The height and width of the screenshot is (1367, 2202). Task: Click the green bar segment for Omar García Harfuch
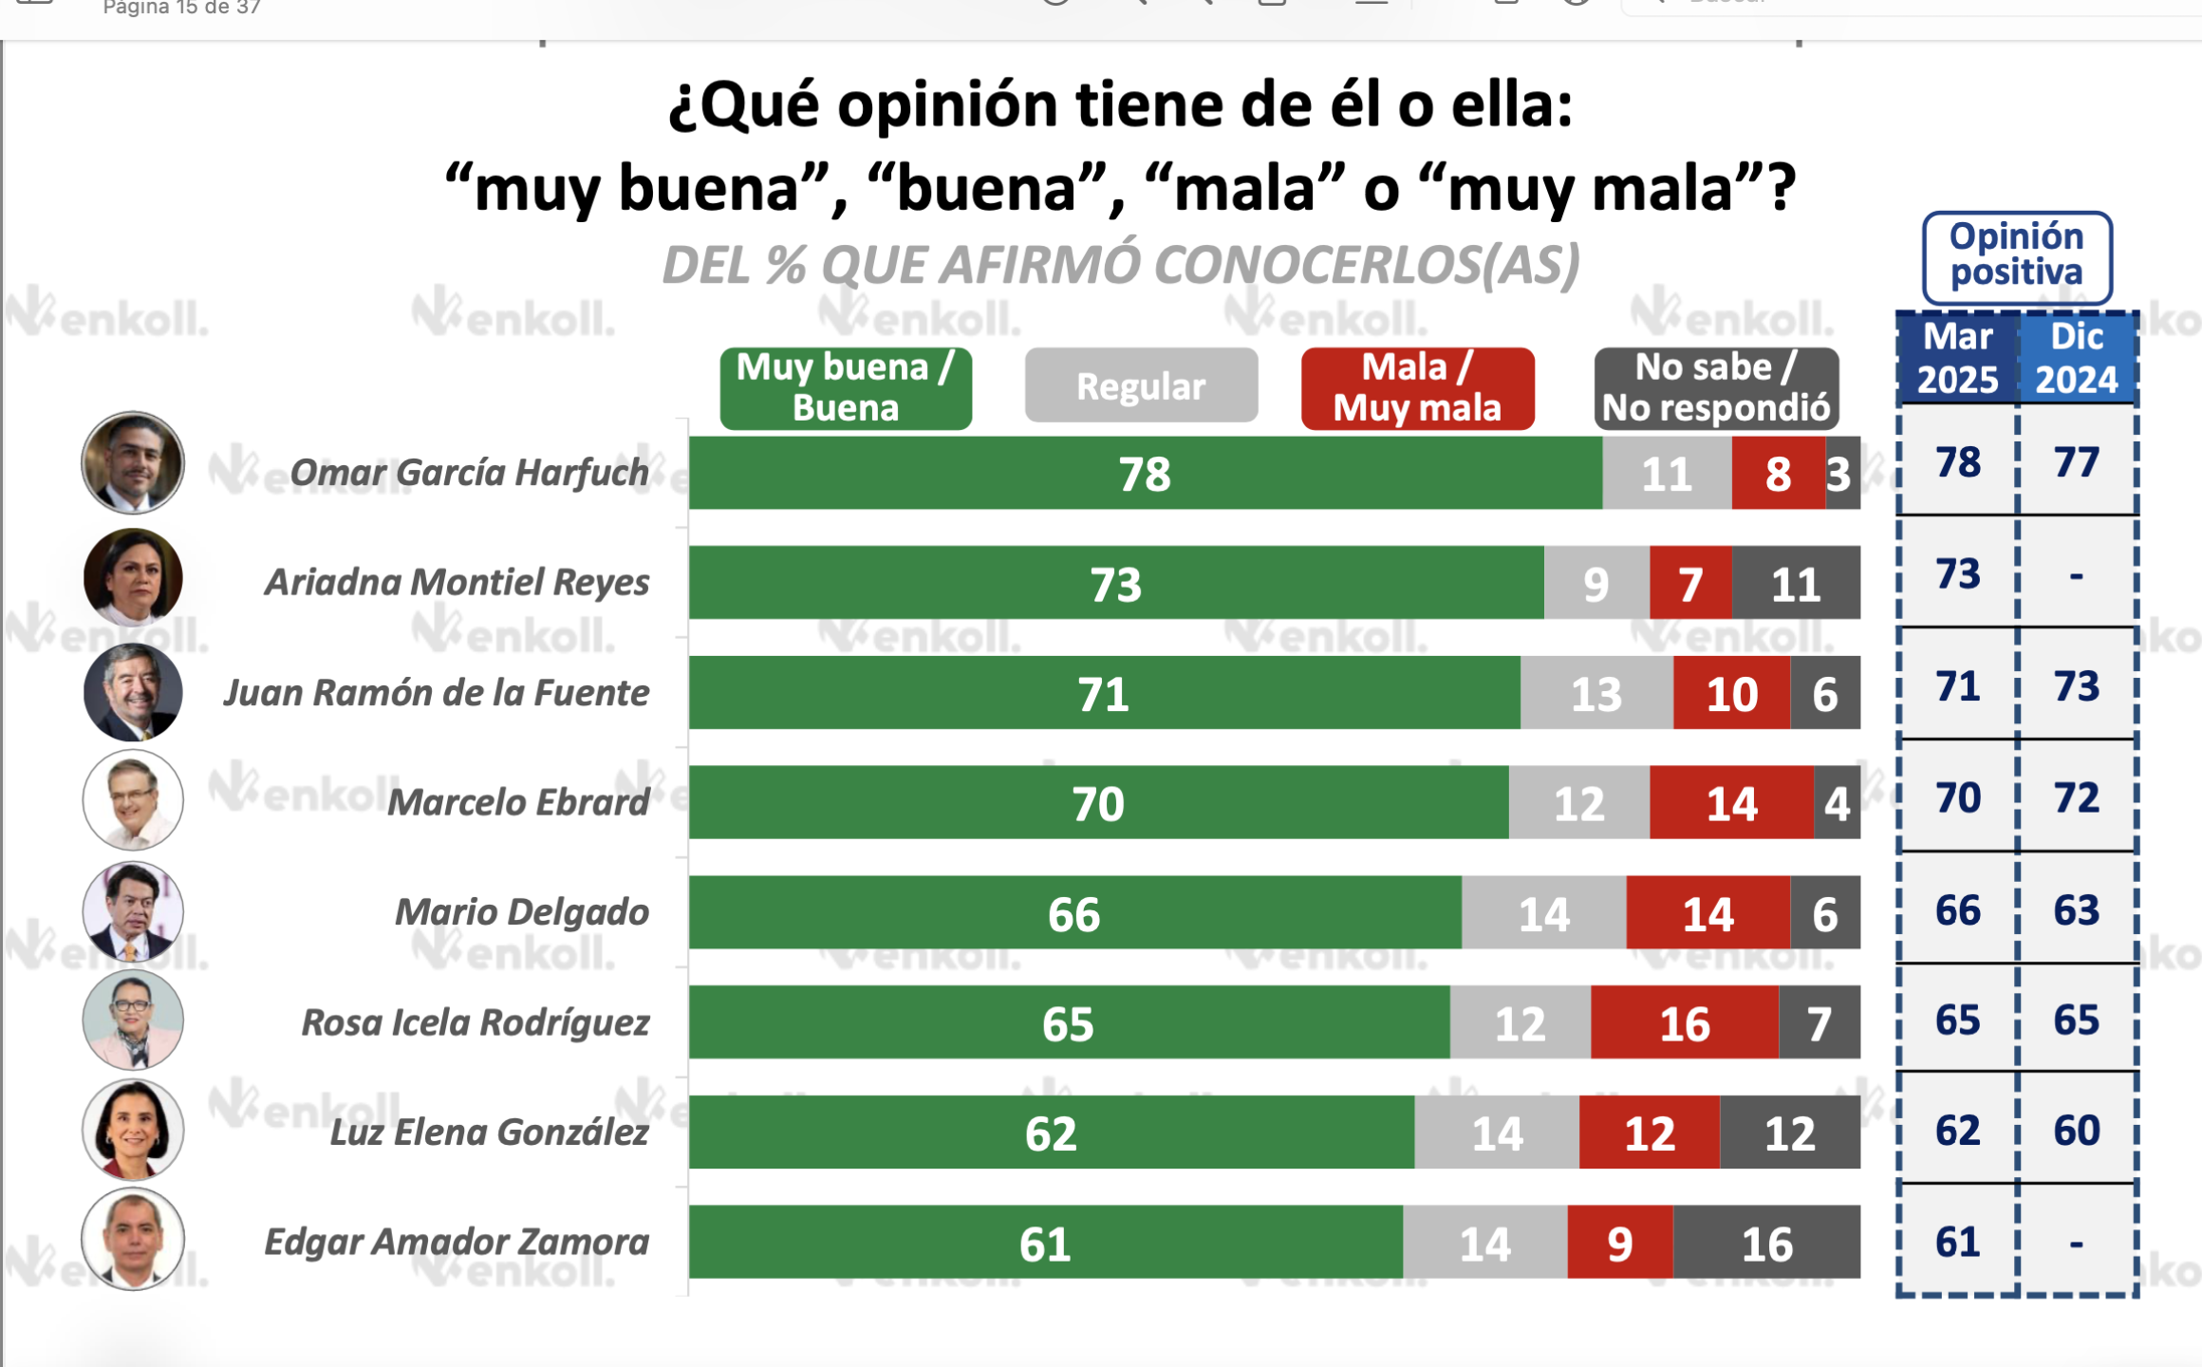tap(1145, 473)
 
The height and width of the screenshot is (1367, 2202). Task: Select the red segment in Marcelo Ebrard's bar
tap(1731, 803)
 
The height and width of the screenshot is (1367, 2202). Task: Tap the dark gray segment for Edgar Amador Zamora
tap(1765, 1243)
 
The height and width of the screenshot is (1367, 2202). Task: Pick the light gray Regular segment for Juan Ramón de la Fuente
tap(1596, 693)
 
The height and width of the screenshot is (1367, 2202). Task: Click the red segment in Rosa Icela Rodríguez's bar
tap(1684, 1022)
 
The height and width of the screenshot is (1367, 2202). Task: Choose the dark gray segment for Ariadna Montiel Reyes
tap(1795, 583)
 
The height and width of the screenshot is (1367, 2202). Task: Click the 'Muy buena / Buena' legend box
tap(845, 387)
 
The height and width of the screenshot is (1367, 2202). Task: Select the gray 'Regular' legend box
tap(1141, 385)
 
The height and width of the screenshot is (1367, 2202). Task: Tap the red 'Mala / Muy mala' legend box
tap(1417, 387)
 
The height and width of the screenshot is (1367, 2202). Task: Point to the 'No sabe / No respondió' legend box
tap(1716, 387)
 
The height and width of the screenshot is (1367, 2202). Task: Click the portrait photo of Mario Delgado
tap(133, 911)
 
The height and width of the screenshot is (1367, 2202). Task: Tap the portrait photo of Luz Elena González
tap(133, 1130)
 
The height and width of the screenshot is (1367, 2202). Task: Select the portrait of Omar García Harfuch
tap(133, 462)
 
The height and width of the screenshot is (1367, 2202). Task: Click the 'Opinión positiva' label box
tap(2017, 255)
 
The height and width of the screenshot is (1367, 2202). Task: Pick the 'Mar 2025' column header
tap(1957, 359)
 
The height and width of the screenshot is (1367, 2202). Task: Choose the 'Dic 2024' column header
tap(2077, 359)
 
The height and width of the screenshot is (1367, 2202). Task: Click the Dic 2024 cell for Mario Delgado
tap(2077, 910)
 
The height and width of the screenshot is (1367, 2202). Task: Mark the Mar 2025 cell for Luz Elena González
tap(1957, 1130)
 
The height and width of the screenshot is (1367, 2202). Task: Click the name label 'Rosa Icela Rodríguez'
tap(475, 1022)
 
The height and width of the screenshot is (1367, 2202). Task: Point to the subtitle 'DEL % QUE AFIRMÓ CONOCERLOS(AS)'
tap(1120, 265)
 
